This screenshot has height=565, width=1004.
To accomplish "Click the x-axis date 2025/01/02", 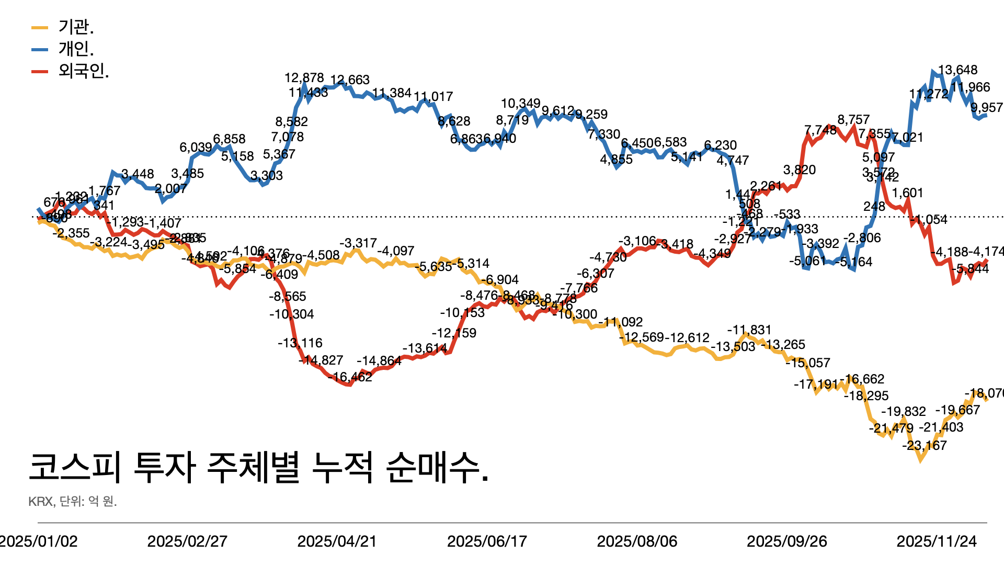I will tap(38, 541).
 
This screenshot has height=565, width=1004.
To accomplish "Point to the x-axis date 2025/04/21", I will tap(337, 541).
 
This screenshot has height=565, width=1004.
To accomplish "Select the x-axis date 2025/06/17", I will tap(487, 541).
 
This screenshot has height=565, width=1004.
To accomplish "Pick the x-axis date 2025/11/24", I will tap(937, 541).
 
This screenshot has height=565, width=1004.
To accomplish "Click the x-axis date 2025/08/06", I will tap(637, 541).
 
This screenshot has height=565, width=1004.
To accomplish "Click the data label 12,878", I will tap(304, 78).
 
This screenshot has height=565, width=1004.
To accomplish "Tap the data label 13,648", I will tap(957, 70).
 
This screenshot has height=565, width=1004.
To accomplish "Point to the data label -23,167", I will tap(924, 446).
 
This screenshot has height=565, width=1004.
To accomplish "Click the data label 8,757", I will tap(853, 120).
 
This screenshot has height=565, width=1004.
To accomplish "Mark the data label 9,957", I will tap(987, 108).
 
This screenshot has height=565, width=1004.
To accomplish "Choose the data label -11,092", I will tap(620, 322).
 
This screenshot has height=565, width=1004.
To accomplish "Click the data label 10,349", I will tap(520, 104).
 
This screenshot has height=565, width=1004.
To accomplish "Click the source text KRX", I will tap(41, 502).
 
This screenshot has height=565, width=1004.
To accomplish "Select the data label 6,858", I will tap(229, 139).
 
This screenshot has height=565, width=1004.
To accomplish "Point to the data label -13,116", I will tap(300, 343).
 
